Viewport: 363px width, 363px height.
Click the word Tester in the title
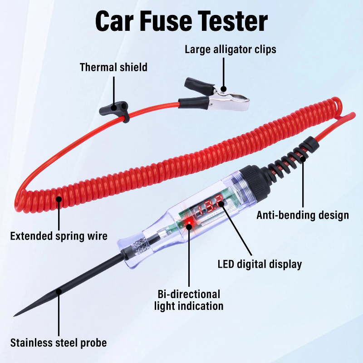point(233,21)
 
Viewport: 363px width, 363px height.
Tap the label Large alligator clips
point(231,49)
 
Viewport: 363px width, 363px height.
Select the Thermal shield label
point(113,67)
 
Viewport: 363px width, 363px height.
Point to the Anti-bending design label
point(303,215)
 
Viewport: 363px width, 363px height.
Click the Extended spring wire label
point(59,236)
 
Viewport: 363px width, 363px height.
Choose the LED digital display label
point(260,264)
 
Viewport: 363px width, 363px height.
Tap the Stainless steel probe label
point(59,343)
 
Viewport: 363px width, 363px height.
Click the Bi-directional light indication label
point(189,300)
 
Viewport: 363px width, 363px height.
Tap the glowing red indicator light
point(189,223)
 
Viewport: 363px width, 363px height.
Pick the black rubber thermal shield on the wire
point(114,111)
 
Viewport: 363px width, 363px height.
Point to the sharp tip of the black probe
point(15,315)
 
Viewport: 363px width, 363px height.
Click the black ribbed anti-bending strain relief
point(293,157)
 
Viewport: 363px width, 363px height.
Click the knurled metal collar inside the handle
point(138,246)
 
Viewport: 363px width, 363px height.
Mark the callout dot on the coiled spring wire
point(59,199)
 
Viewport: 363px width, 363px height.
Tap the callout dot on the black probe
point(59,291)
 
